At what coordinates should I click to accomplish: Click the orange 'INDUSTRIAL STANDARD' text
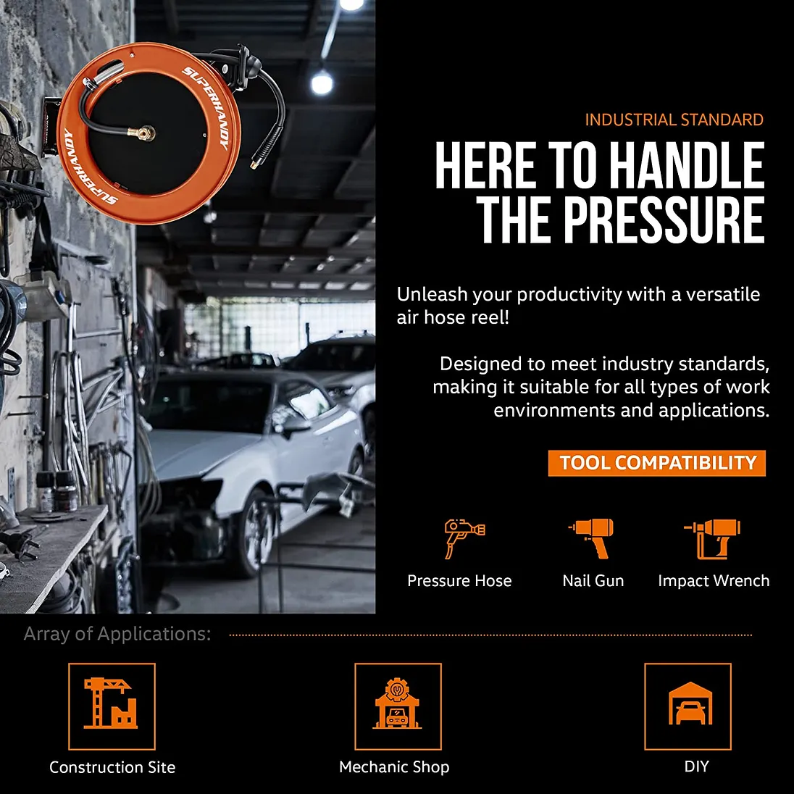(674, 120)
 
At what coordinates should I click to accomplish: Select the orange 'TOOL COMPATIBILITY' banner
(657, 463)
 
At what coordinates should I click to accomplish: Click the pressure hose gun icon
(464, 539)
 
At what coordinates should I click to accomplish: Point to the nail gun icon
(591, 538)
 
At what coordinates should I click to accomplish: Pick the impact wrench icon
(712, 539)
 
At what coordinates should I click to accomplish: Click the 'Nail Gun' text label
(593, 580)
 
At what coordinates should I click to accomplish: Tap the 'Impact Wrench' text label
(714, 581)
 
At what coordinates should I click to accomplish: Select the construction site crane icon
(111, 703)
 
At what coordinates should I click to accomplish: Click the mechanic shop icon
(397, 703)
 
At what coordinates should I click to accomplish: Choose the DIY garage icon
(690, 703)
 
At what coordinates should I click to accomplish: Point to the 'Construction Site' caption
(112, 767)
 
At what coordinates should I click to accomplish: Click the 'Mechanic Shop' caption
(394, 767)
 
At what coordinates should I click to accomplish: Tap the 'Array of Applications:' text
(117, 634)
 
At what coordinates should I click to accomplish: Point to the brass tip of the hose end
(255, 164)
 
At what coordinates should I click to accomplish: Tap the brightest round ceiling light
(322, 82)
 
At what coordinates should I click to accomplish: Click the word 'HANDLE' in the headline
(687, 165)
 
